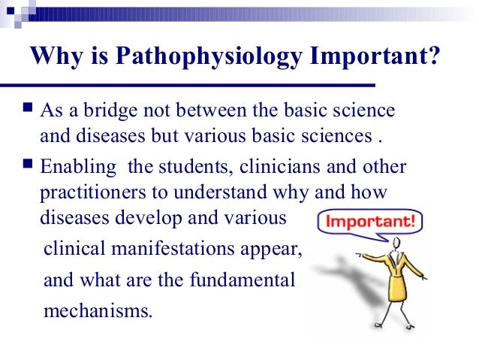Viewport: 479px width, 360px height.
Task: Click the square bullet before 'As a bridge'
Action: [27, 110]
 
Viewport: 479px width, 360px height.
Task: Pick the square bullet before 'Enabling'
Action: [27, 165]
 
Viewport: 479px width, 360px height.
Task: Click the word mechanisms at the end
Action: [98, 309]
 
